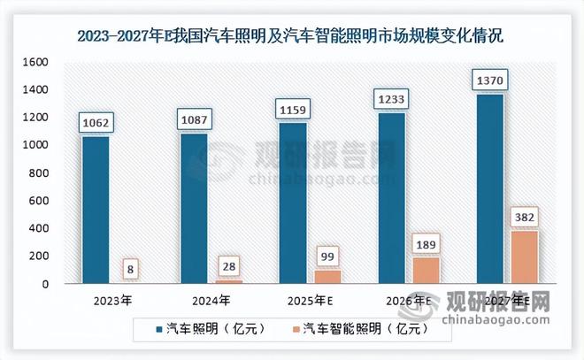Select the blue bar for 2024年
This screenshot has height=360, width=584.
coord(195,208)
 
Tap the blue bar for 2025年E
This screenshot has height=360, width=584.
coord(293,203)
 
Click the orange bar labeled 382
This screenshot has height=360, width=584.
coord(524,257)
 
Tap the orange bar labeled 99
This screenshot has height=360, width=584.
coord(327,276)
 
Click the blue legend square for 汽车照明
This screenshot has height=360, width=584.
coord(158,329)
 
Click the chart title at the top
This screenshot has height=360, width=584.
coord(291,36)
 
